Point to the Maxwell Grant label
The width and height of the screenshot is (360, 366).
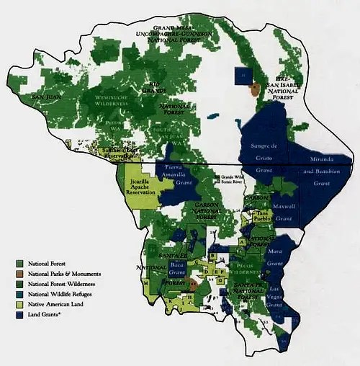click(x=284, y=213)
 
